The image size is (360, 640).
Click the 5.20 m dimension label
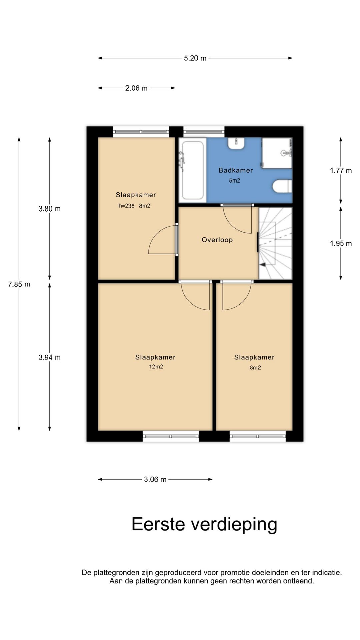pyautogui.click(x=195, y=58)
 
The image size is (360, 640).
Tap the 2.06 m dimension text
pyautogui.click(x=136, y=88)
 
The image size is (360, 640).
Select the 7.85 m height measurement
pyautogui.click(x=19, y=284)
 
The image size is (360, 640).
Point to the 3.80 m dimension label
pyautogui.click(x=50, y=209)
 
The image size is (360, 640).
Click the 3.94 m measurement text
pyautogui.click(x=50, y=357)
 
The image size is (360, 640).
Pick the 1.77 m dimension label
pyautogui.click(x=341, y=171)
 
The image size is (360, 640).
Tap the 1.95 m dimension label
pyautogui.click(x=341, y=244)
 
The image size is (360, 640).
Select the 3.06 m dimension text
pyautogui.click(x=155, y=479)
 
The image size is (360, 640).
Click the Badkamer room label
pyautogui.click(x=236, y=170)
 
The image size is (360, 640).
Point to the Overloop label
pyautogui.click(x=217, y=240)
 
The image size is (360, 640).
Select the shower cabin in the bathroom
pyautogui.click(x=277, y=153)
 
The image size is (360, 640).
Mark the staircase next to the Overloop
pyautogui.click(x=276, y=243)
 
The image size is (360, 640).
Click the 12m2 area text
pyautogui.click(x=156, y=367)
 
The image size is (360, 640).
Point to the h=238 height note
pyautogui.click(x=126, y=206)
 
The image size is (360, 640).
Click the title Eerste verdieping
pyautogui.click(x=204, y=524)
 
